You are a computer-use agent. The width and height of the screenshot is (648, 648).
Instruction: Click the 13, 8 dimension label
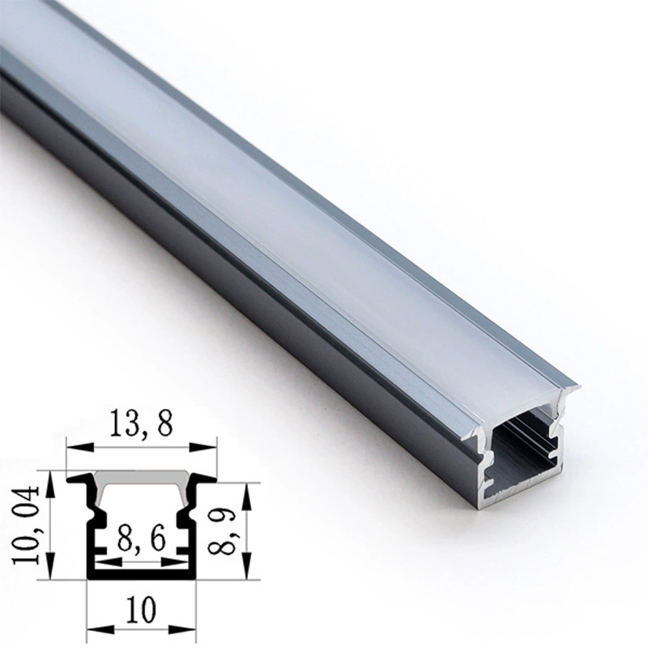(x=140, y=424)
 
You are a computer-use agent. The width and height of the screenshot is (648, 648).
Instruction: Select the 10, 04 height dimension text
(x=26, y=525)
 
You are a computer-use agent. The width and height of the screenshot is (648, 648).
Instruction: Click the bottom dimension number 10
(x=141, y=609)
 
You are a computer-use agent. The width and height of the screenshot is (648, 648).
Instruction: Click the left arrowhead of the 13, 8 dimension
(x=79, y=447)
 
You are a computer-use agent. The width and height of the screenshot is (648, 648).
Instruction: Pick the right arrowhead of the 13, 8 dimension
(x=202, y=447)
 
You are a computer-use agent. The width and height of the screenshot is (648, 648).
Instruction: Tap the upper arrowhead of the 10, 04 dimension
(x=50, y=484)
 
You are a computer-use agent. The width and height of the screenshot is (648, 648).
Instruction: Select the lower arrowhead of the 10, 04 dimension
(x=50, y=566)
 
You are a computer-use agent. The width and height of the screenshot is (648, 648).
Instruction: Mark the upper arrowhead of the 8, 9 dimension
(x=247, y=496)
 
